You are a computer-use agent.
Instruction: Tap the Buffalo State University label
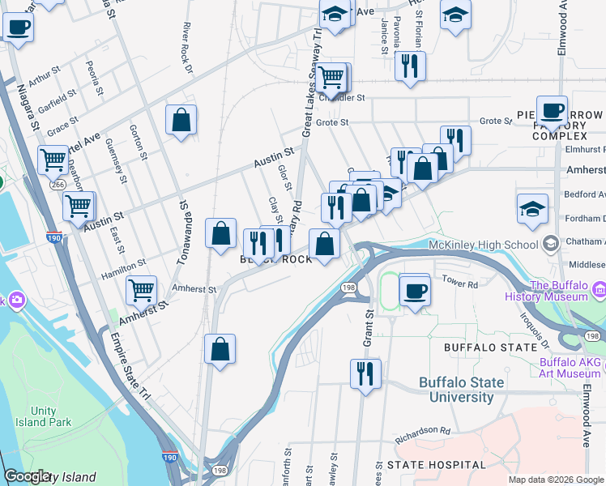pyautogui.click(x=461, y=390)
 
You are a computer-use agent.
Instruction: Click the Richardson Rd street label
pyautogui.click(x=422, y=435)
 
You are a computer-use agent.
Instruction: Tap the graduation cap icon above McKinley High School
pyautogui.click(x=531, y=207)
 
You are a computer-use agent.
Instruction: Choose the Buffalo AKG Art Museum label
pyautogui.click(x=570, y=369)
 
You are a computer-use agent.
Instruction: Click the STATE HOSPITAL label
pyautogui.click(x=437, y=465)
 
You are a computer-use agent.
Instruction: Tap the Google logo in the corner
pyautogui.click(x=27, y=477)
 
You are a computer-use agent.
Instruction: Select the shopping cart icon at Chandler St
pyautogui.click(x=330, y=78)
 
